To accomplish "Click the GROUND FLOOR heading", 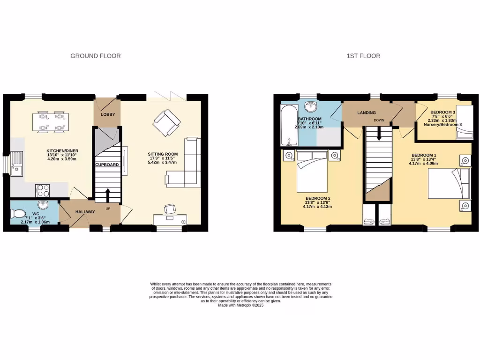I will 96,56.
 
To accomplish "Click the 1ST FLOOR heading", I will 363,56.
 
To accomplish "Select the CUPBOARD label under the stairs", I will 107,165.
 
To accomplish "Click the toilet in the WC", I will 19,214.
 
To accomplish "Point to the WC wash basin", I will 43,205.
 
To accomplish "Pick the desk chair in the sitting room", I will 169,209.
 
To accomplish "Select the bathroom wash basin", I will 310,105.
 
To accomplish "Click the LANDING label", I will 367,113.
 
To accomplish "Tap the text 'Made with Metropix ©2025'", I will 241,306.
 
